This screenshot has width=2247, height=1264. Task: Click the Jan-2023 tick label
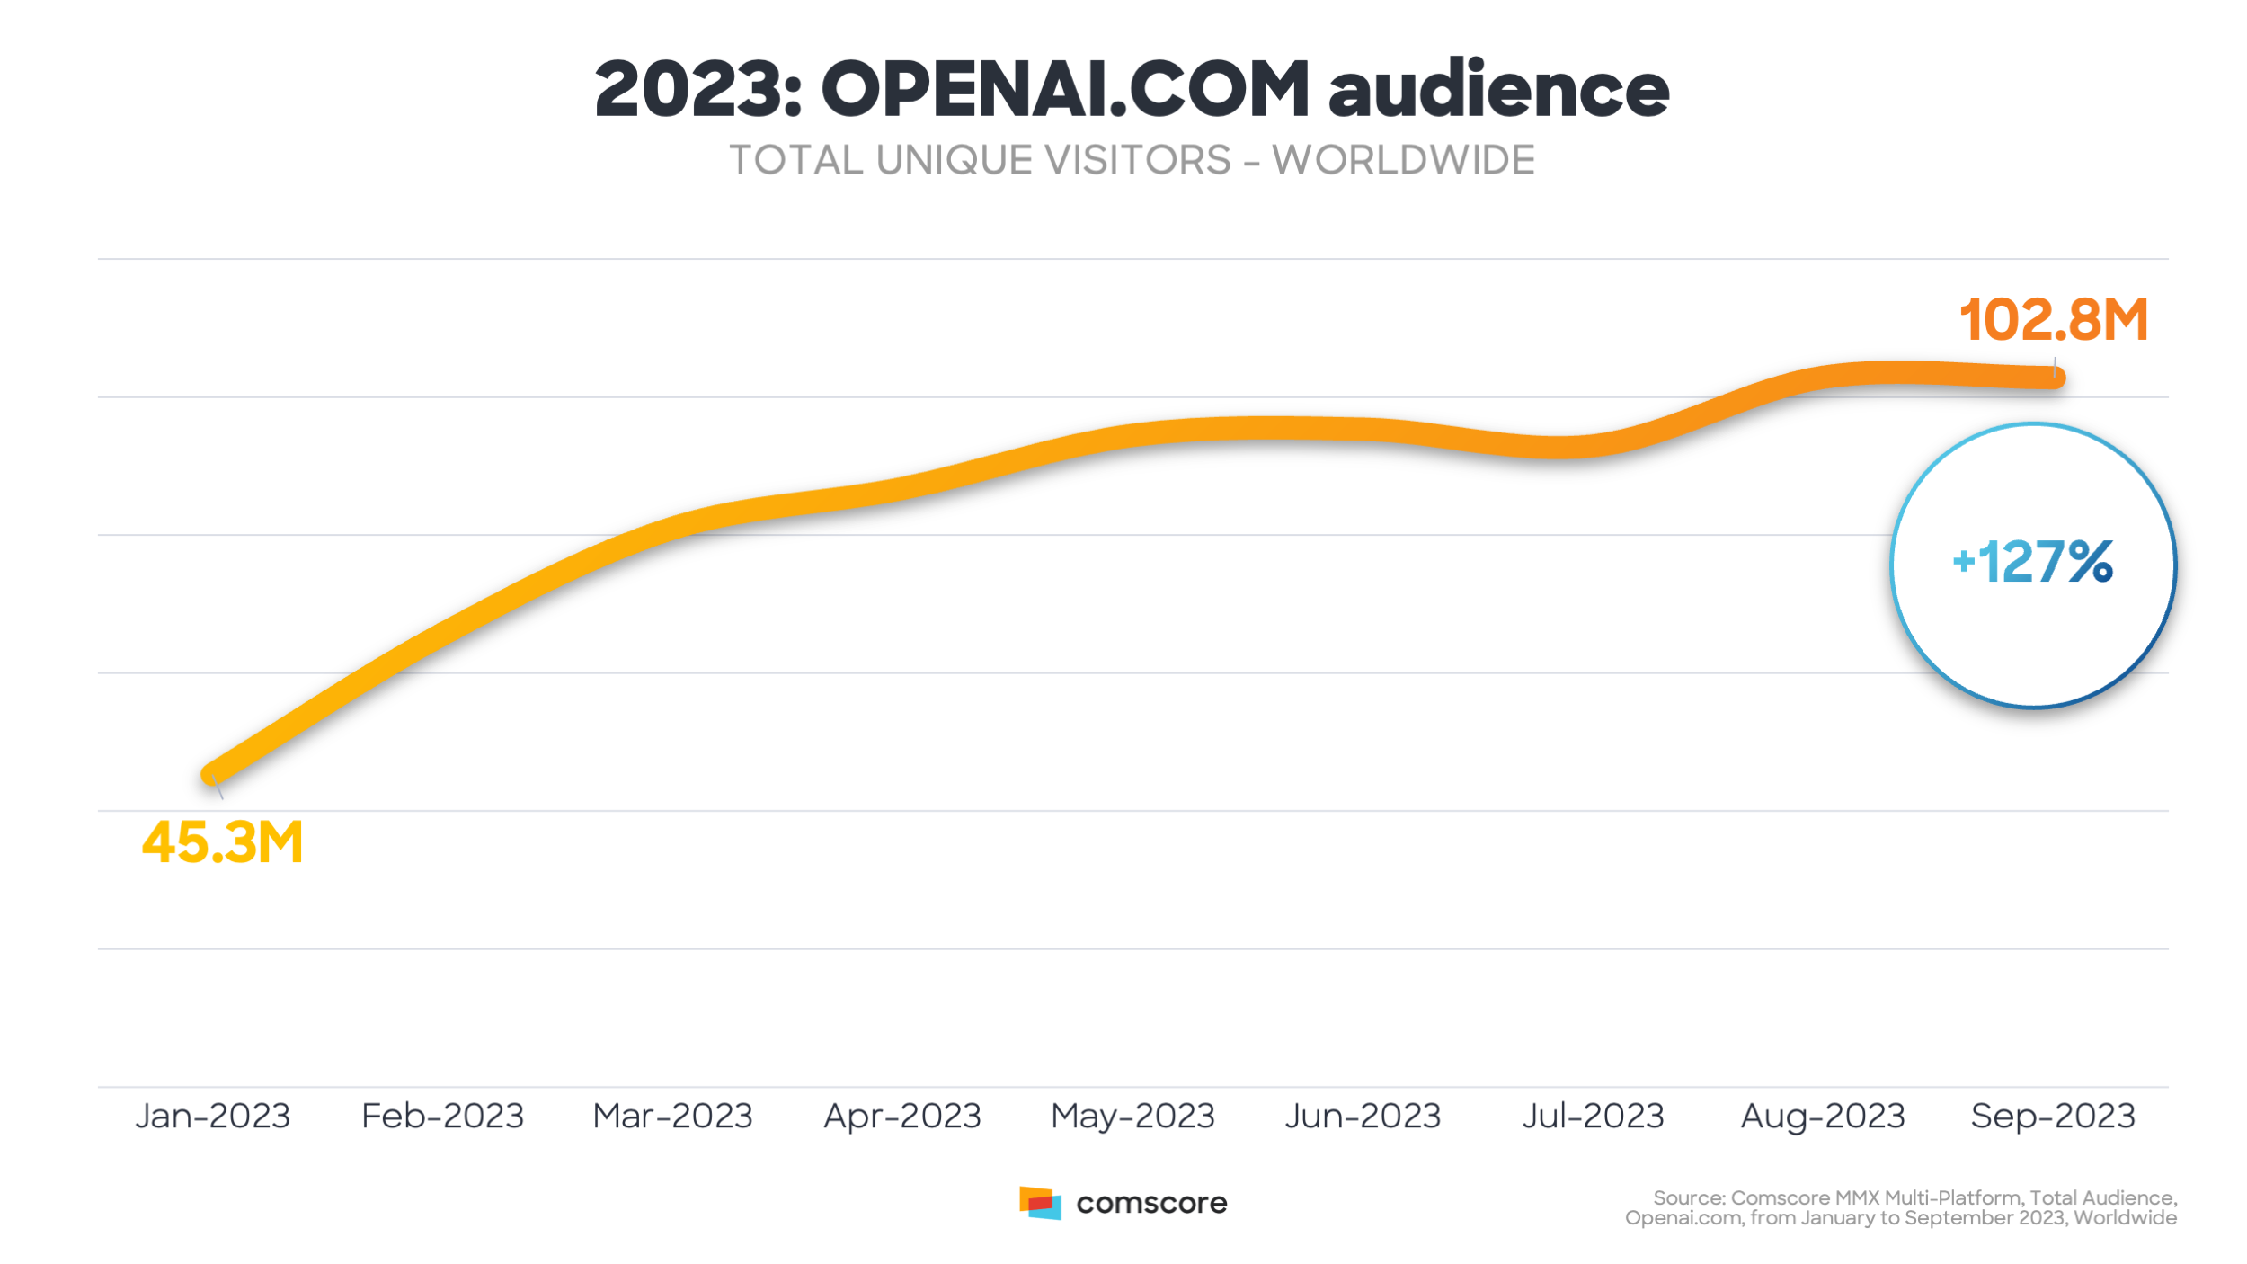pyautogui.click(x=213, y=1116)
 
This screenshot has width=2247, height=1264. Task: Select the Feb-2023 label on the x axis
pyautogui.click(x=442, y=1116)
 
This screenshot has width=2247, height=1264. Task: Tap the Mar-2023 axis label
pyautogui.click(x=672, y=1116)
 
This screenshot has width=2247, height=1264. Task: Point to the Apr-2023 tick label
pyautogui.click(x=902, y=1116)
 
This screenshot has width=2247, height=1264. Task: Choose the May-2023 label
pyautogui.click(x=1132, y=1116)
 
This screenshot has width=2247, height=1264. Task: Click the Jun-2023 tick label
pyautogui.click(x=1363, y=1116)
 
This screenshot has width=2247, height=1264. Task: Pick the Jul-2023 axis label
pyautogui.click(x=1593, y=1116)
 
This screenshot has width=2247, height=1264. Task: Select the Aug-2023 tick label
pyautogui.click(x=1823, y=1116)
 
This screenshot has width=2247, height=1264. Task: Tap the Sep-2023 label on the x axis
pyautogui.click(x=2053, y=1116)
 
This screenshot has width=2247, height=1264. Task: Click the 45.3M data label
pyautogui.click(x=223, y=842)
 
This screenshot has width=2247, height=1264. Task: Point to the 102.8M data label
pyautogui.click(x=2053, y=320)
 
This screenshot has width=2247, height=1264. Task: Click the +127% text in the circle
pyautogui.click(x=2033, y=563)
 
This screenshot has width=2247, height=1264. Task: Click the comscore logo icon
pyautogui.click(x=1040, y=1203)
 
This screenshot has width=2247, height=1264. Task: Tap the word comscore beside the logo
pyautogui.click(x=1151, y=1203)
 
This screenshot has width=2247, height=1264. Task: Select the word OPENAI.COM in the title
pyautogui.click(x=1065, y=89)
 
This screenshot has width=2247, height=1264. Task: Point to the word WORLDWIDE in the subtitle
pyautogui.click(x=1403, y=161)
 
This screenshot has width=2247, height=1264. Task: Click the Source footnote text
pyautogui.click(x=1901, y=1207)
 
